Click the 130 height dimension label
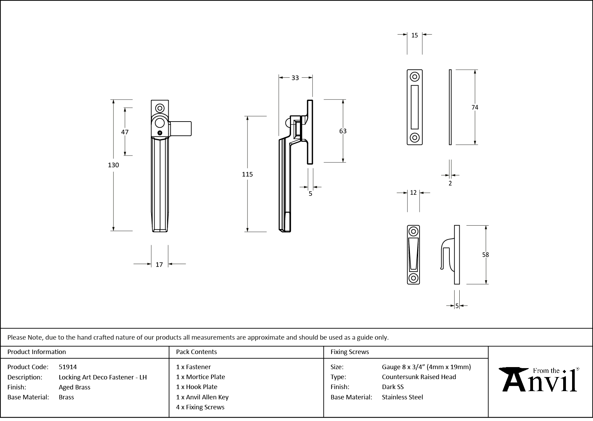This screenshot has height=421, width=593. tap(113, 165)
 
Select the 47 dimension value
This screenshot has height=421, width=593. tap(125, 132)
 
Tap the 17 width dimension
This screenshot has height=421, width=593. tap(159, 264)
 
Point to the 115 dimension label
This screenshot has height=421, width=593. tap(247, 174)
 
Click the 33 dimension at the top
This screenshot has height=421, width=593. tap(295, 78)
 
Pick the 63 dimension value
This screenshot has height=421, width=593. tap(343, 131)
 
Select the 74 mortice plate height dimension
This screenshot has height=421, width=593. tap(475, 107)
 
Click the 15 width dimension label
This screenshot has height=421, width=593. tap(414, 35)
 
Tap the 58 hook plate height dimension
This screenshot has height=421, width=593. tap(485, 255)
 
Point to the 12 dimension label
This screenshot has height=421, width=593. tap(413, 193)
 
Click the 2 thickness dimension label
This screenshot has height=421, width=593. tap(450, 183)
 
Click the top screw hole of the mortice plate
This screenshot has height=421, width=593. tap(415, 77)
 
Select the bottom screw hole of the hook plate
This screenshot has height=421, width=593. tap(413, 278)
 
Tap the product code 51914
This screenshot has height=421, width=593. tap(68, 367)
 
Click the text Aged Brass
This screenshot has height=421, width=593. tap(74, 387)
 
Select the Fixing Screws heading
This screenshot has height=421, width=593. tap(350, 352)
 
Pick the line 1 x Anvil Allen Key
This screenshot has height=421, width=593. tap(202, 397)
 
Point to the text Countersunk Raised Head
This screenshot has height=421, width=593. tap(419, 377)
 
